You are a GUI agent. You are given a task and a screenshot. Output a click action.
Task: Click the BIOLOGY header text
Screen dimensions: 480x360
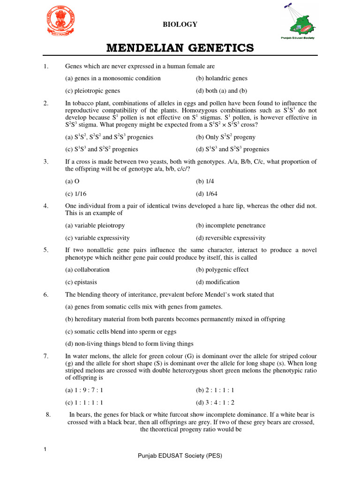(180, 24)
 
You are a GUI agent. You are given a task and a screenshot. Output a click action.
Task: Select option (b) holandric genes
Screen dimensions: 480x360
(222, 78)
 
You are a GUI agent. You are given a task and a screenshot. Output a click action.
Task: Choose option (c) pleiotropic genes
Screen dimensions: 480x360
(93, 91)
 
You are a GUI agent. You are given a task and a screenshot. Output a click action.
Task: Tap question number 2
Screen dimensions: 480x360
(46, 104)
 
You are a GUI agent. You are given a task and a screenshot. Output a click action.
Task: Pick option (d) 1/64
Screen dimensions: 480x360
(206, 194)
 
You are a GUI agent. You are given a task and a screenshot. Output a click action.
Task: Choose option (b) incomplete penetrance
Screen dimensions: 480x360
(231, 225)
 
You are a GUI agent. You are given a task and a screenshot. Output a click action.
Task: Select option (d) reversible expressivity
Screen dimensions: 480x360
(231, 238)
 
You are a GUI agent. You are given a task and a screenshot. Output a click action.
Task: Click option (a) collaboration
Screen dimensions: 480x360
(87, 270)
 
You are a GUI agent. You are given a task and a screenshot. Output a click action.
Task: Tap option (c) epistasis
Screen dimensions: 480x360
(81, 282)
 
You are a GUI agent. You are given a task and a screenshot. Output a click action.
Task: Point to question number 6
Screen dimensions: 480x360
(46, 295)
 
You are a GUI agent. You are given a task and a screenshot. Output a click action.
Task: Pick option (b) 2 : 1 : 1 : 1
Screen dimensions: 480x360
(215, 390)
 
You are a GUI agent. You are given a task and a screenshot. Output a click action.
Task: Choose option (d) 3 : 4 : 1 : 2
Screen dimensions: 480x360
(215, 403)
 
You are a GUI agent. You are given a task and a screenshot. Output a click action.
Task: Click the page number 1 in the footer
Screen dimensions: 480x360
(45, 450)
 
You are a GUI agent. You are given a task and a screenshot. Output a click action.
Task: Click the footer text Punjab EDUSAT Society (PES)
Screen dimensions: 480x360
(180, 456)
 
